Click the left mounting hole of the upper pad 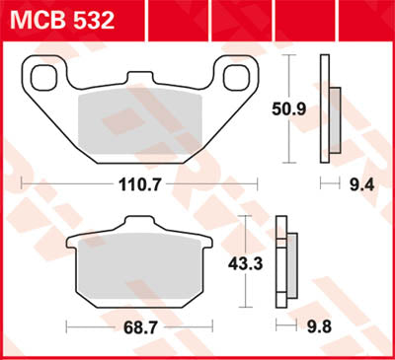42,77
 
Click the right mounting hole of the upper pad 237,77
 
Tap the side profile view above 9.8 287,261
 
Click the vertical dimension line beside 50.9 287,108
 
